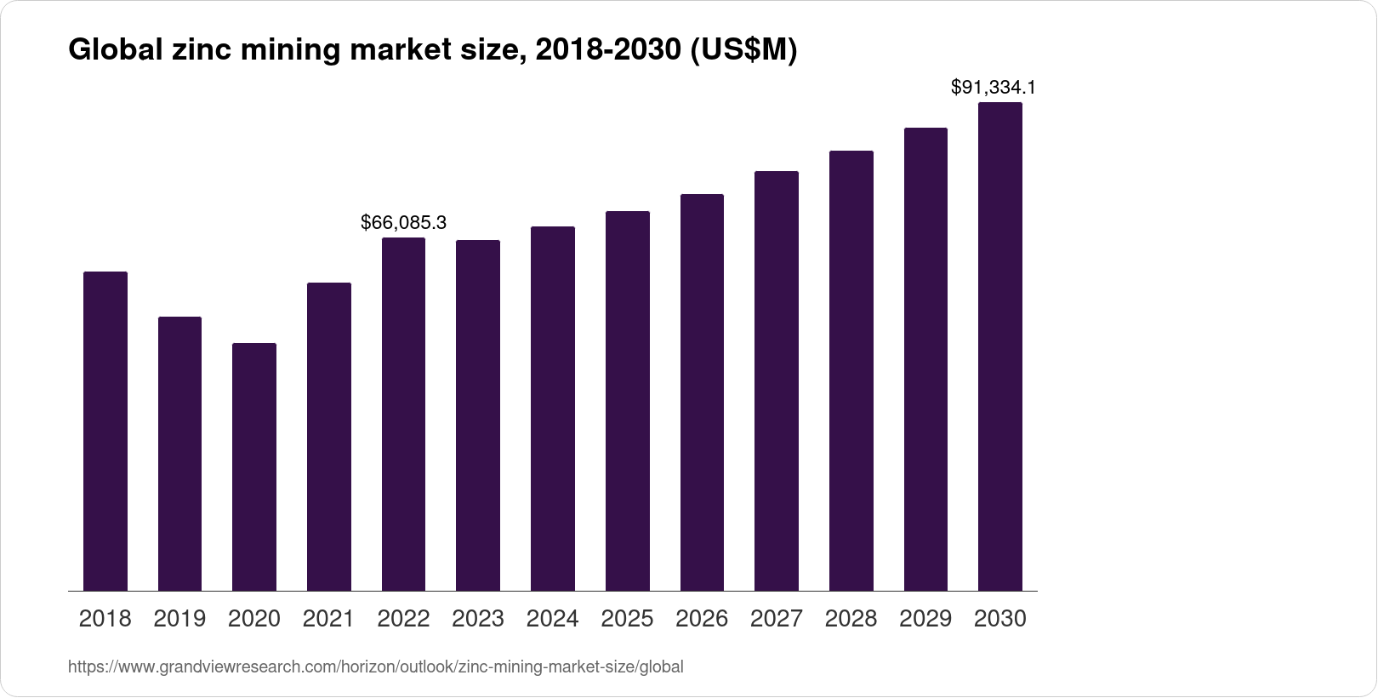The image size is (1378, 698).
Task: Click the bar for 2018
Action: [105, 431]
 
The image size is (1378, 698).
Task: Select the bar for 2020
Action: [254, 466]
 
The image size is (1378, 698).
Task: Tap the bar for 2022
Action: [403, 414]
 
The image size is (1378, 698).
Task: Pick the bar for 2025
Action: [627, 400]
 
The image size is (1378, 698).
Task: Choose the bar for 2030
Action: [999, 346]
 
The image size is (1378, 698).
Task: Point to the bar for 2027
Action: [776, 380]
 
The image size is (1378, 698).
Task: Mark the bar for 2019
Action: [179, 454]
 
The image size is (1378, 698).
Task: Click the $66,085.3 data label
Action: [403, 223]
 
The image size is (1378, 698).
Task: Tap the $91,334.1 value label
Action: [993, 87]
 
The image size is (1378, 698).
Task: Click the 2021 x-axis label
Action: [328, 618]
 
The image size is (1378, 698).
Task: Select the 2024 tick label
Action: [552, 618]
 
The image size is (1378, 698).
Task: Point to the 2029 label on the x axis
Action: [925, 618]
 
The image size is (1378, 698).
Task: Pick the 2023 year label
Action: [478, 618]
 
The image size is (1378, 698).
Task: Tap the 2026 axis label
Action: [702, 618]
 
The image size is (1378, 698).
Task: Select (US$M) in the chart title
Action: [743, 51]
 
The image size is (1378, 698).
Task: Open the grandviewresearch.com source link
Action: [375, 667]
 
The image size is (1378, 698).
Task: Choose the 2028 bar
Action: [851, 370]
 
